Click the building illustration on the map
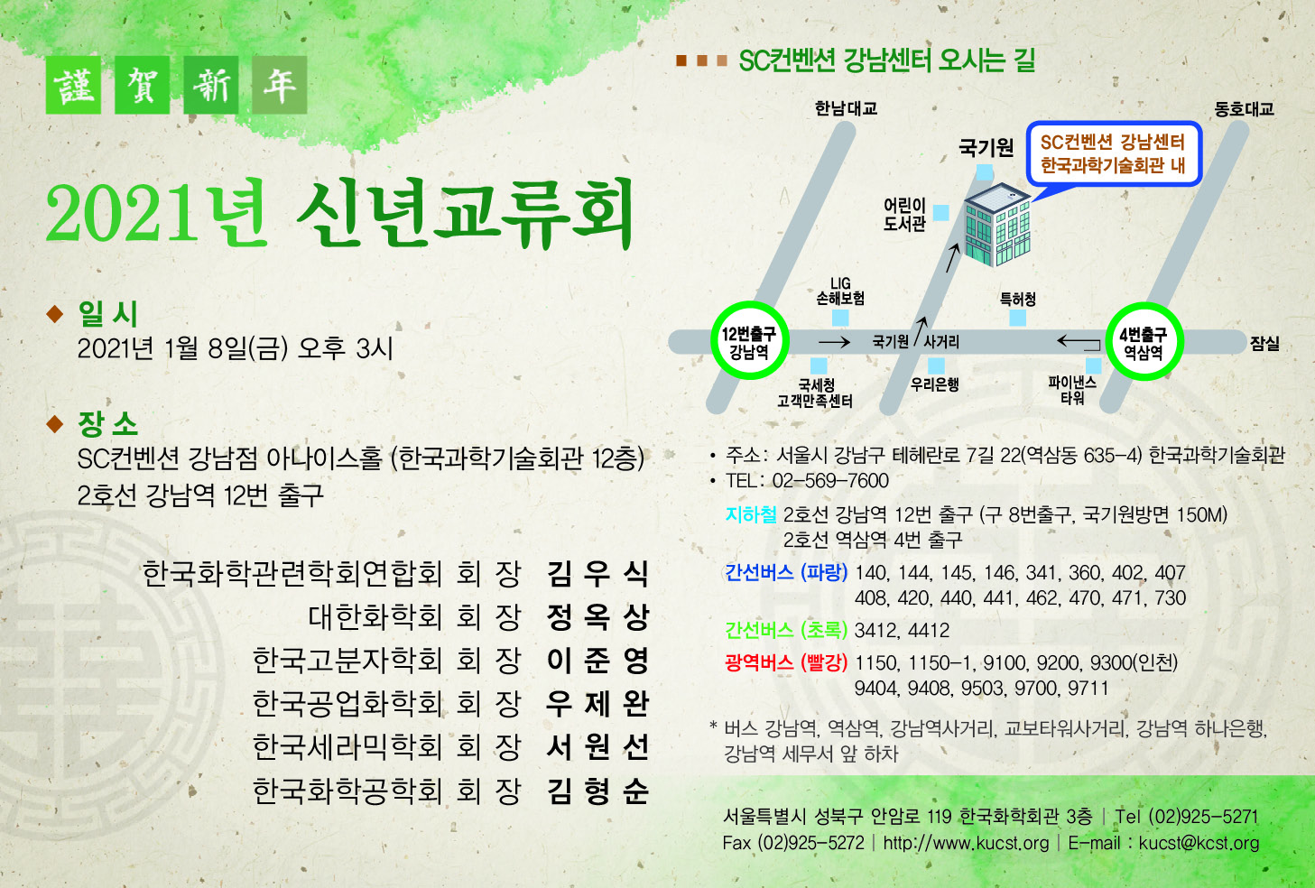pos(997,226)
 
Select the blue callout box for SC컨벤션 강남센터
pos(1114,153)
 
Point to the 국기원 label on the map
pos(986,147)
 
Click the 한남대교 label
pos(846,108)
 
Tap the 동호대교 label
pos(1244,109)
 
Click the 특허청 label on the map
pos(1017,300)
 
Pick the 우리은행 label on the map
pos(935,384)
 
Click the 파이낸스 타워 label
pos(1072,390)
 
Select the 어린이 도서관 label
pos(904,214)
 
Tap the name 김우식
pos(597,574)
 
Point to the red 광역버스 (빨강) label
pos(786,662)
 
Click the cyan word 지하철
pos(751,514)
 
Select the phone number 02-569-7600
pos(830,481)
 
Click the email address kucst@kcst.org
pos(1199,843)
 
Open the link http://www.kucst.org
pos(966,843)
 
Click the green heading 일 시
pos(108,313)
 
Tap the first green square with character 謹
pos(73,85)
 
